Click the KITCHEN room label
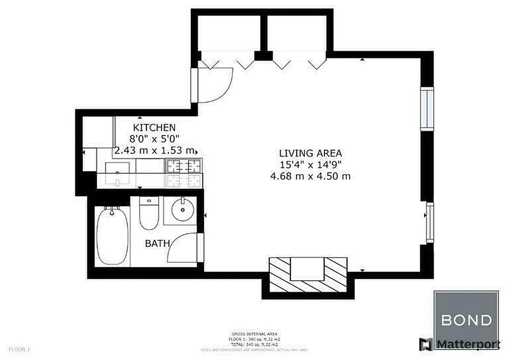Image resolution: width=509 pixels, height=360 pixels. [x=154, y=128]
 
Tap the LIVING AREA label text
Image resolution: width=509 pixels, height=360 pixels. [x=310, y=153]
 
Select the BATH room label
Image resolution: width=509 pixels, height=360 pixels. [x=157, y=243]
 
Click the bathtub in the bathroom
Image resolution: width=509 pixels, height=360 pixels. [x=112, y=235]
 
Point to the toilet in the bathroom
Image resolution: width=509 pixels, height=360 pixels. [x=148, y=213]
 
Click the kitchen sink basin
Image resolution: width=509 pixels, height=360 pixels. [x=117, y=173]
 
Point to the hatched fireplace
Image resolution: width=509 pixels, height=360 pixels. [x=308, y=274]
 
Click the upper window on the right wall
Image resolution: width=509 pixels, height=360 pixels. [x=427, y=109]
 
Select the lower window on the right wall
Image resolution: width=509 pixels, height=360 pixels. [x=430, y=223]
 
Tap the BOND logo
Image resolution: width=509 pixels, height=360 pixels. [x=466, y=320]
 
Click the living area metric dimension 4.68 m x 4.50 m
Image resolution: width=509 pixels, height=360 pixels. [x=310, y=176]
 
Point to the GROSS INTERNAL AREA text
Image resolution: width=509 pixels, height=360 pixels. [x=254, y=333]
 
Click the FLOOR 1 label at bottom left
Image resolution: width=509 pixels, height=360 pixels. [x=19, y=349]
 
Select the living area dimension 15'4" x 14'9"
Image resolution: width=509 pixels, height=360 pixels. [x=310, y=165]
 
